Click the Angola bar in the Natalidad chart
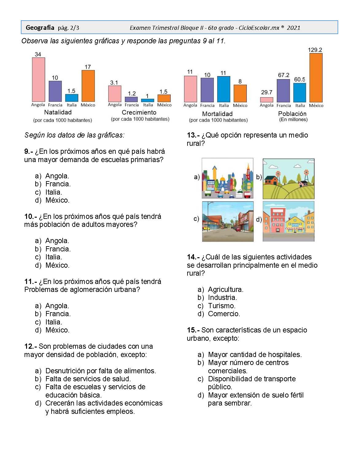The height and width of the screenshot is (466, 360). (x=39, y=80)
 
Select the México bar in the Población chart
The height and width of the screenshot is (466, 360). (x=316, y=78)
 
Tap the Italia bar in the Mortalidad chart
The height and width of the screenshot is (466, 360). (x=223, y=89)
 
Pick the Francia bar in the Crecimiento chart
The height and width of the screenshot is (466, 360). (x=131, y=99)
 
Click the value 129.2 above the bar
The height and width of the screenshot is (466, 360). (x=315, y=50)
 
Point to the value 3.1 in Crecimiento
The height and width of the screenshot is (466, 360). (x=114, y=83)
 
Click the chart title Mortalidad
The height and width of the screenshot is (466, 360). (x=217, y=114)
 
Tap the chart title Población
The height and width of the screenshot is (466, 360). (x=292, y=114)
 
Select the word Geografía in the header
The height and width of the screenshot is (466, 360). (x=40, y=28)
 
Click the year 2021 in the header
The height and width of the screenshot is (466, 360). (x=293, y=28)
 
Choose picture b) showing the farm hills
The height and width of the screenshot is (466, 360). (x=288, y=179)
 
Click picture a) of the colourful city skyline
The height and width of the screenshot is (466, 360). (x=228, y=178)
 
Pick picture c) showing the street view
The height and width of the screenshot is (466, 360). (x=228, y=221)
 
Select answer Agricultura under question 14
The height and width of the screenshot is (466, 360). (x=226, y=289)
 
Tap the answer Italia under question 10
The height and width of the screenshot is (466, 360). (x=54, y=257)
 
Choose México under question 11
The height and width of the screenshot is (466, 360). (x=57, y=330)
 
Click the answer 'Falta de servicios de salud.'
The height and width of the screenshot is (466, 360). (x=88, y=379)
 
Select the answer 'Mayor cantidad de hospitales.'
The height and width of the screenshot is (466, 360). (x=255, y=355)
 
